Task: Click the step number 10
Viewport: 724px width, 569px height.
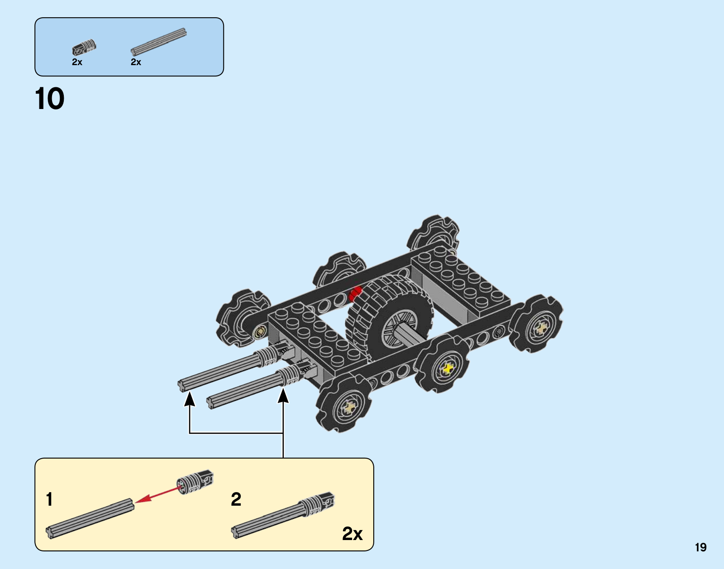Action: click(49, 99)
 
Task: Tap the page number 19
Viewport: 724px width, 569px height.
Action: click(701, 547)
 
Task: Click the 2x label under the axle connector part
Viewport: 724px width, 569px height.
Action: click(77, 62)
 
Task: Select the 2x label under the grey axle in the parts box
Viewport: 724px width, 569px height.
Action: click(136, 62)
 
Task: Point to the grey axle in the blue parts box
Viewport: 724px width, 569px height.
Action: click(158, 42)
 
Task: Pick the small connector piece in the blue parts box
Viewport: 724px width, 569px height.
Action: click(84, 47)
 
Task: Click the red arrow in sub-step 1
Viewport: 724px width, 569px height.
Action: click(157, 495)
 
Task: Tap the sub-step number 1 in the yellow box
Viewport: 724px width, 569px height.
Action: click(49, 499)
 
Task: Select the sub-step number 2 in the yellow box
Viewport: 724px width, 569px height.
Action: click(236, 499)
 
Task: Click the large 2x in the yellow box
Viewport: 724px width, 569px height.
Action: click(352, 534)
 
